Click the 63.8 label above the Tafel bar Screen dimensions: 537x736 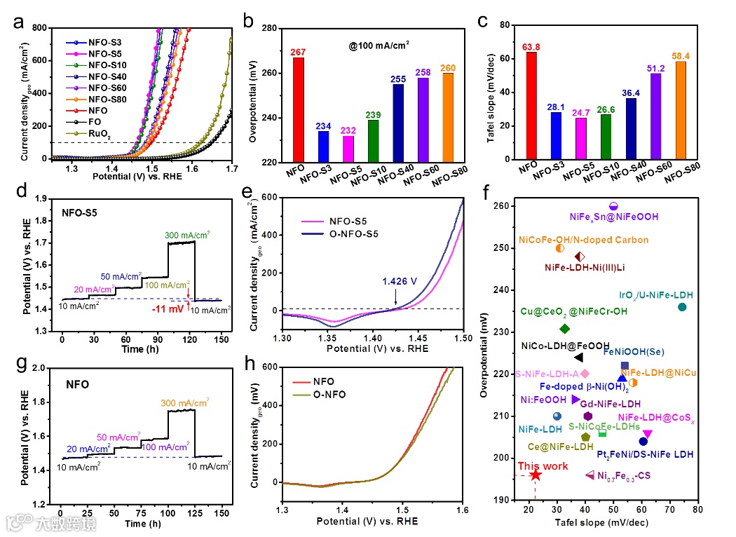click(531, 47)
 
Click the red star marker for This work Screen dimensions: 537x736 click(536, 475)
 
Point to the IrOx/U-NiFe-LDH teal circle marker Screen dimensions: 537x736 click(683, 307)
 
